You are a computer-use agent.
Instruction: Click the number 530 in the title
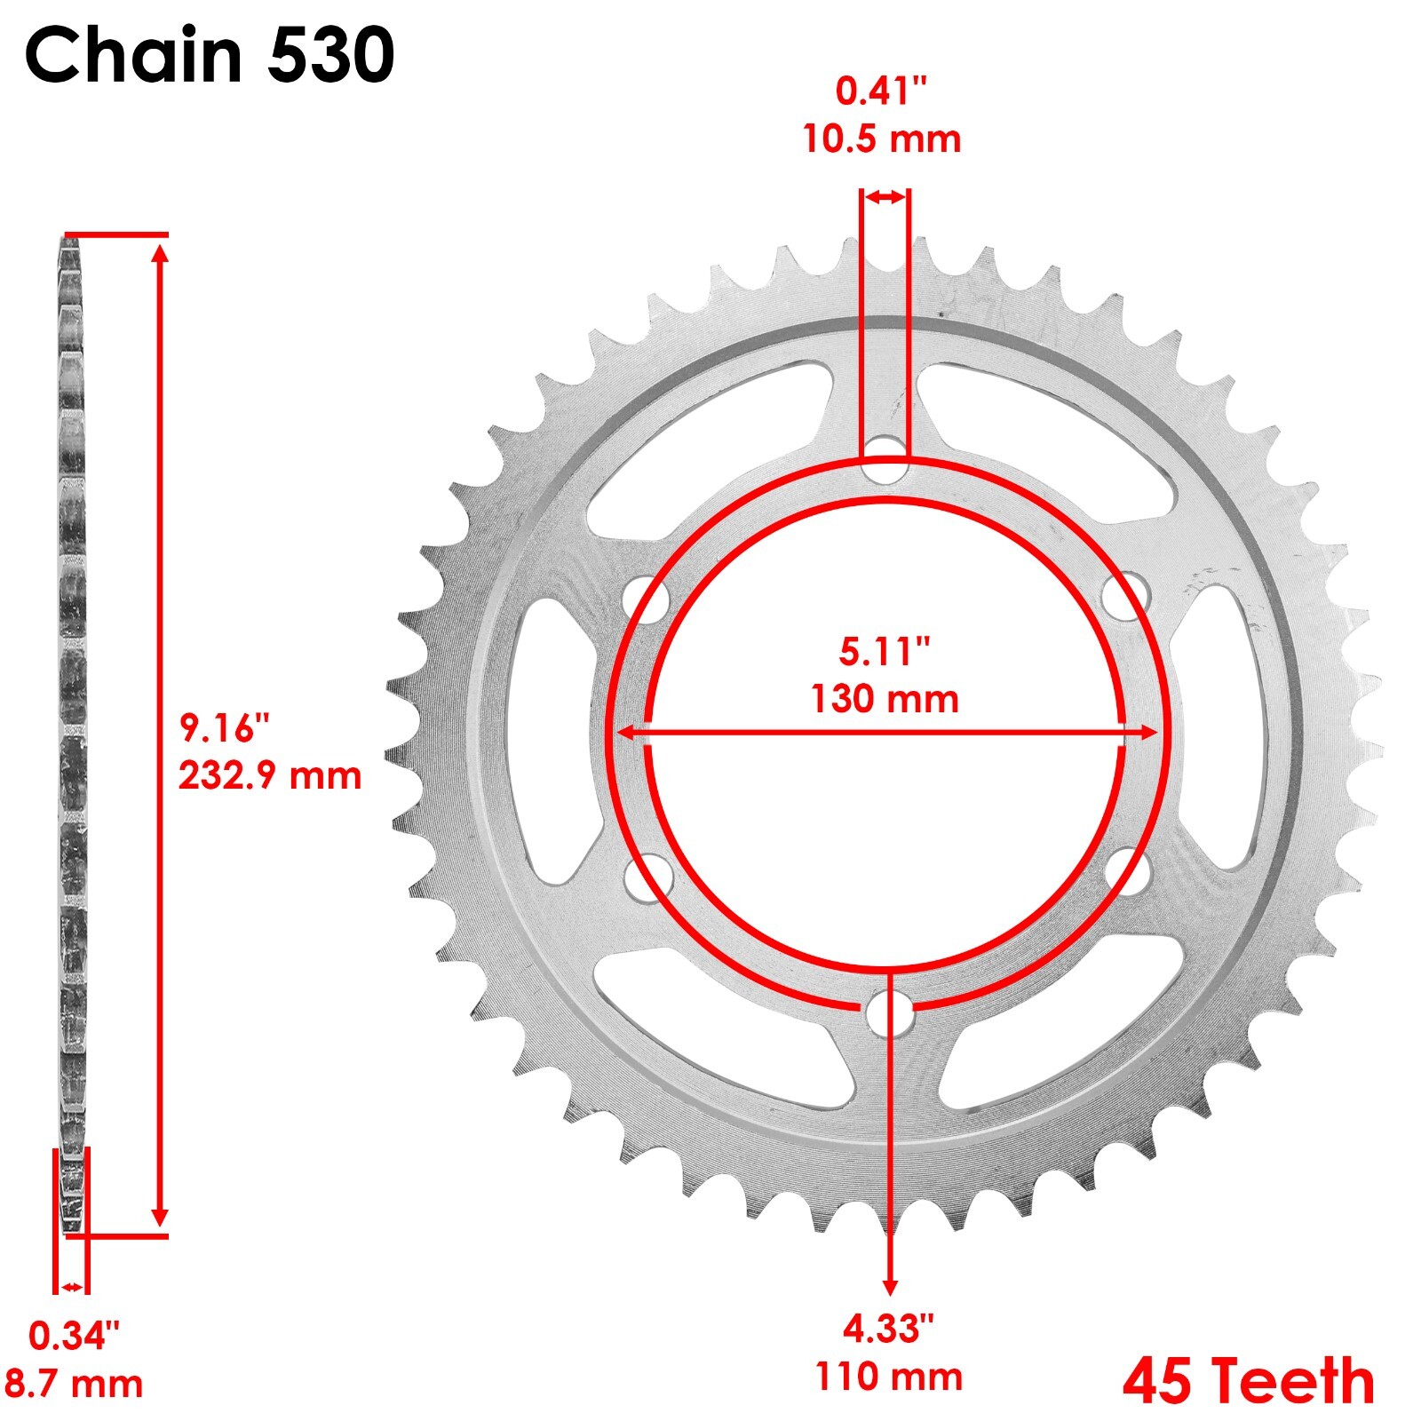point(330,56)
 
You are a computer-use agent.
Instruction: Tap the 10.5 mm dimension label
point(881,139)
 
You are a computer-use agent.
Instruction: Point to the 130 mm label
point(884,699)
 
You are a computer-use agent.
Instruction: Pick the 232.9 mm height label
point(270,775)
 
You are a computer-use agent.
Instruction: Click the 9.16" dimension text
point(223,727)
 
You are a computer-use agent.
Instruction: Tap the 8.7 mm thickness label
point(73,1384)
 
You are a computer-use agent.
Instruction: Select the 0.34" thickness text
point(73,1336)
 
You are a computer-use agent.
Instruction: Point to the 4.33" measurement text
point(888,1330)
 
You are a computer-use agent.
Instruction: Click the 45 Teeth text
point(1248,1382)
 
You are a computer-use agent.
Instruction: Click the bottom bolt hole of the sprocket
point(890,1012)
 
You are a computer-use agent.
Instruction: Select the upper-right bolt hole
point(1125,597)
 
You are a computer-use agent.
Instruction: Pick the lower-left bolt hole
point(647,877)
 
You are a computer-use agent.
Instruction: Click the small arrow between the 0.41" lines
point(885,197)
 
